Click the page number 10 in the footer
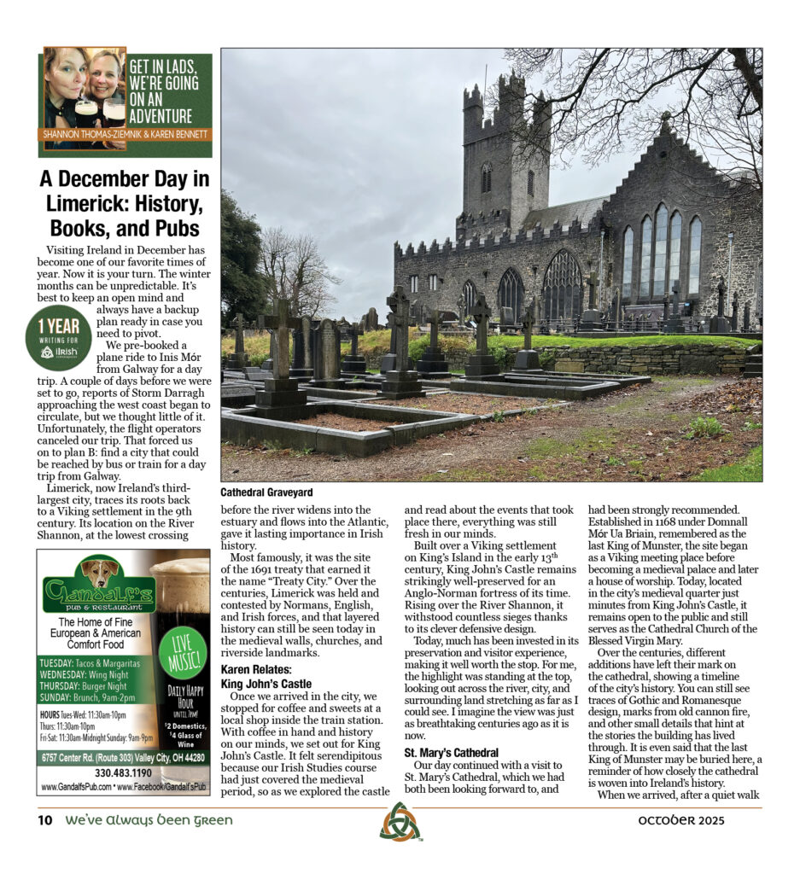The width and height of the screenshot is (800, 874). [45, 820]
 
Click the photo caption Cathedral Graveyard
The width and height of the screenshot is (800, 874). [266, 492]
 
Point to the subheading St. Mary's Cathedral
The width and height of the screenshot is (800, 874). [451, 752]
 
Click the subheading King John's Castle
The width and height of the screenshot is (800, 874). [266, 684]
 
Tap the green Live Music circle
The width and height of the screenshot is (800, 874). [183, 652]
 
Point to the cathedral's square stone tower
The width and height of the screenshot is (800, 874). [505, 154]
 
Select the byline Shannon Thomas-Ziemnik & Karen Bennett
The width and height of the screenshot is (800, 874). [125, 134]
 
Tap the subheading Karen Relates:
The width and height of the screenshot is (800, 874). [254, 670]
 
